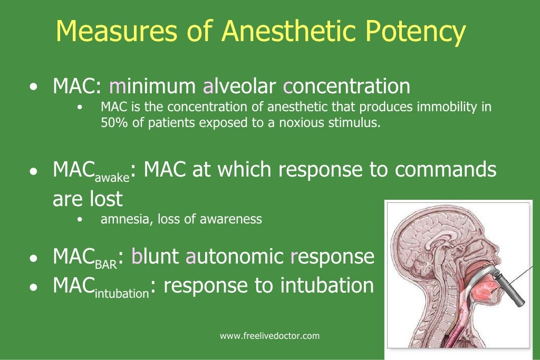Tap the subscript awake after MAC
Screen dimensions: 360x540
click(x=112, y=178)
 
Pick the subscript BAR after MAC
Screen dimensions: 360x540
click(x=105, y=265)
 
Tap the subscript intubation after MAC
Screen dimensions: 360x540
click(x=121, y=294)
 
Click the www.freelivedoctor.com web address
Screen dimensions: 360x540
click(x=269, y=336)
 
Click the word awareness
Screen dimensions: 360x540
click(x=235, y=219)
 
